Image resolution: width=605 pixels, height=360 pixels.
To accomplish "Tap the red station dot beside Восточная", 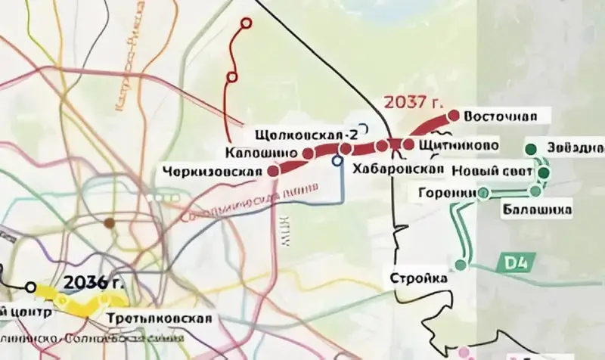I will pos(454,116).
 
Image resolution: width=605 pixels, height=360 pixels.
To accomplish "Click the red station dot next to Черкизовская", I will pos(274,172).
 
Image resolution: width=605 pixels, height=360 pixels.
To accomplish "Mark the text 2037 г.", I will pos(411,102).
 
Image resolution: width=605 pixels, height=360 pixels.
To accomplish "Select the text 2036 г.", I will pos(93,283).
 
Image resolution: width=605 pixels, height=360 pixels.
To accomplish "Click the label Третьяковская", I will pos(159,317).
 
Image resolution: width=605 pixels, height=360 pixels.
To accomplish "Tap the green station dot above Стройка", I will pos(461,265).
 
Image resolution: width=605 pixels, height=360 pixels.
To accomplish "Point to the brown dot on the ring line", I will pos(110,223).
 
